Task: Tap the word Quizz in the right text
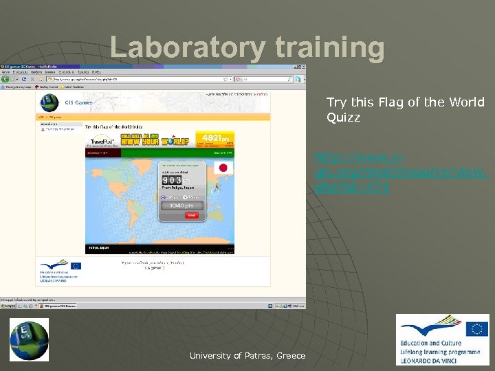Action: pyautogui.click(x=343, y=117)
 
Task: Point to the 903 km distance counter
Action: pyautogui.click(x=173, y=181)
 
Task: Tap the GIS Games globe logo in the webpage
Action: pyautogui.click(x=49, y=103)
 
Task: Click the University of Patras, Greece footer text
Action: pyautogui.click(x=247, y=356)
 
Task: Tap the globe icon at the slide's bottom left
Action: pyautogui.click(x=29, y=339)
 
